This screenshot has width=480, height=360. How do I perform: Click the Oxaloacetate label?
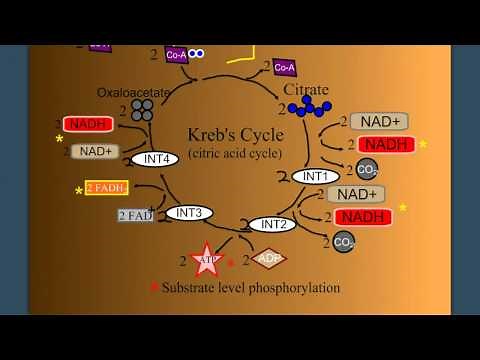(133, 92)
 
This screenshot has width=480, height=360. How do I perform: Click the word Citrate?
(306, 89)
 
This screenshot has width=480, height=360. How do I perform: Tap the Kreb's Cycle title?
(235, 135)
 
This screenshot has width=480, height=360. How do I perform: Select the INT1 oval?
(315, 177)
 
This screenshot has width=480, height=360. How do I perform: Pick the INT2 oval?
(272, 225)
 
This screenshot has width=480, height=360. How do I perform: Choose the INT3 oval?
(189, 213)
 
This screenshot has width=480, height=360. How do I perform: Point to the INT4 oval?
(155, 159)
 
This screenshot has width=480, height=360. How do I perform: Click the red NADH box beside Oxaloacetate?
(88, 124)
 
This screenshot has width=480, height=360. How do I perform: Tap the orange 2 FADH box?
(106, 187)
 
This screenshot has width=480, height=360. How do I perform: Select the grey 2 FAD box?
(136, 215)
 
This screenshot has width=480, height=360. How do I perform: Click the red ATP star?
(206, 261)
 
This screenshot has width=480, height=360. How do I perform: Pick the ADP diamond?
(267, 258)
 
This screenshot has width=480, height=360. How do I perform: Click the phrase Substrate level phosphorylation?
(251, 288)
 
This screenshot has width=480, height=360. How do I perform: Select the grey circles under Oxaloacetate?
(142, 109)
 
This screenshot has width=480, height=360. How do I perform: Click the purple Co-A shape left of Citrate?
(284, 67)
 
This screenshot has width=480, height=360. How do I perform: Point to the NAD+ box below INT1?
(356, 194)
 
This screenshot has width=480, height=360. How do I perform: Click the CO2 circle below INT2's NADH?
(344, 241)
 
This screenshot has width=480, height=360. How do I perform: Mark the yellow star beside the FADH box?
(79, 190)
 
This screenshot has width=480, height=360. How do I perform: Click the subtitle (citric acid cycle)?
(235, 153)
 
